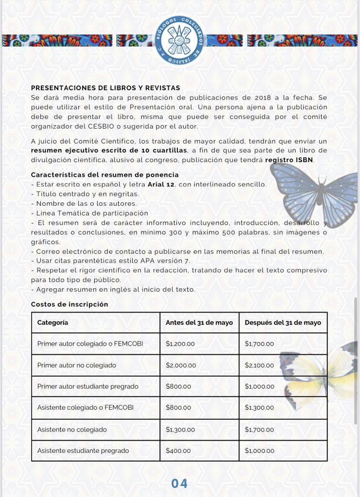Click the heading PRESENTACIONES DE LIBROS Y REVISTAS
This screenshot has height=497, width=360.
tap(105, 88)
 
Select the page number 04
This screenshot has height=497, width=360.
tap(179, 483)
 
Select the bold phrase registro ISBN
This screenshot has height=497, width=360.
tap(290, 160)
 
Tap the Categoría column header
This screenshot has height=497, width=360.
tap(52, 322)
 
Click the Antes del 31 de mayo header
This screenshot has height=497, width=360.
tap(199, 322)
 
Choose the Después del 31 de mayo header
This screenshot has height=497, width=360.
tap(283, 322)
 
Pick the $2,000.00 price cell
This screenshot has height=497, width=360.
tap(181, 365)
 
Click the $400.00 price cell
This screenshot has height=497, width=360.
tap(178, 450)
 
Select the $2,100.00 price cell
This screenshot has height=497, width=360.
tap(259, 365)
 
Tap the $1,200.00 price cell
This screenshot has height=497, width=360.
tap(180, 344)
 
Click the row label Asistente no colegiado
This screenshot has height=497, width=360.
tap(72, 430)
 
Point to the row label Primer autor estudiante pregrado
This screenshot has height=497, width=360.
tap(87, 386)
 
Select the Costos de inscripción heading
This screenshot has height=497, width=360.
tap(69, 304)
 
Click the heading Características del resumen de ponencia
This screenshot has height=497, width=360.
tap(104, 175)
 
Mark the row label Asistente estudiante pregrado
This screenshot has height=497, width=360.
tap(83, 450)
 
